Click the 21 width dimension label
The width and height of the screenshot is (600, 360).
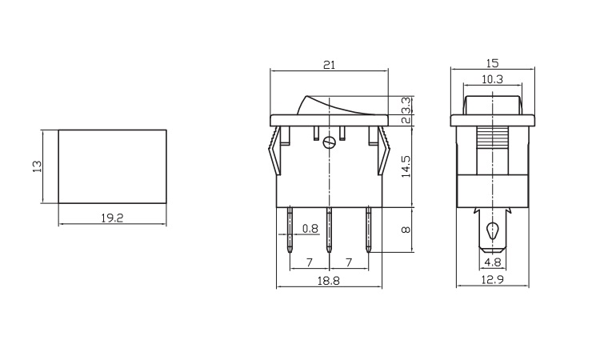point(329,65)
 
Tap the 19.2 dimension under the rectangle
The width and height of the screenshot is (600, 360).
point(112,218)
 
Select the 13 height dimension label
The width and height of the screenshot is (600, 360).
point(37,166)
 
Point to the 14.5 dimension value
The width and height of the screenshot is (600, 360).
point(406,166)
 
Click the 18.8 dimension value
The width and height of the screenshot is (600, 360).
point(329,281)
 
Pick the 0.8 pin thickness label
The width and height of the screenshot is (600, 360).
point(310,229)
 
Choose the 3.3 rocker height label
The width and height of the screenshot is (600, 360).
point(406,105)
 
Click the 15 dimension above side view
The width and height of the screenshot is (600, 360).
point(493,63)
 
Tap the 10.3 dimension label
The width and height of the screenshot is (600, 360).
point(492,79)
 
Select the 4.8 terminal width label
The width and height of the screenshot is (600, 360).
point(493,262)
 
